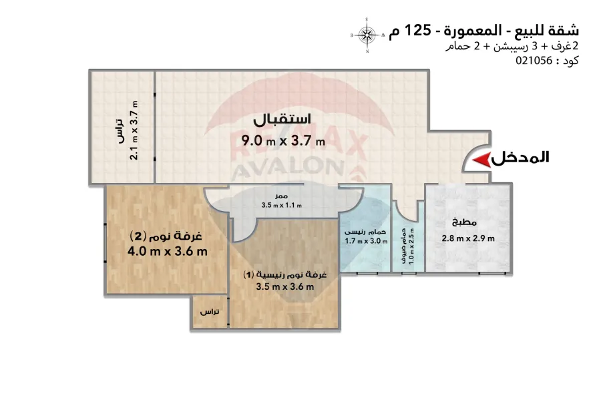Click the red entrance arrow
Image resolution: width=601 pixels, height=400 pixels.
click(481, 160)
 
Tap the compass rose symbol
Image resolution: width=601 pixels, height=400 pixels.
click(367, 35)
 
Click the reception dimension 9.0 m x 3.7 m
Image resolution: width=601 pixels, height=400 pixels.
click(283, 141)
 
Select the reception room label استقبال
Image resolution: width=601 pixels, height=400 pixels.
click(282, 120)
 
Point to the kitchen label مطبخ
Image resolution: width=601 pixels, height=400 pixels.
click(464, 222)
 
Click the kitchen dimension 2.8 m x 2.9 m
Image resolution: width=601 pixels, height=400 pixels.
click(468, 238)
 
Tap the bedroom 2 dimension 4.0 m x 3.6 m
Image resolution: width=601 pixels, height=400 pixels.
click(168, 251)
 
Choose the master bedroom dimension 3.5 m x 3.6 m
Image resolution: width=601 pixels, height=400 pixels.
click(284, 286)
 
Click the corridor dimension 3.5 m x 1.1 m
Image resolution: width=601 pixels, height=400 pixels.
click(282, 205)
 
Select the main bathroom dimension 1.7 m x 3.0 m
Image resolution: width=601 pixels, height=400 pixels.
click(366, 241)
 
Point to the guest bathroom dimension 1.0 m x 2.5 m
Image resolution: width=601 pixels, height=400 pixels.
click(411, 246)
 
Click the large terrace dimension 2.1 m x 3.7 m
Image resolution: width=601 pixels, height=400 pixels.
click(134, 130)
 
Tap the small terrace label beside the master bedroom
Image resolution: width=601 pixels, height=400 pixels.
click(210, 312)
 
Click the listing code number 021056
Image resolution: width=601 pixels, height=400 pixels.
click(534, 61)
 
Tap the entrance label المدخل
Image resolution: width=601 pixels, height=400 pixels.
click(520, 158)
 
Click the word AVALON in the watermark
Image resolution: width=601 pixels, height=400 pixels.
click(287, 167)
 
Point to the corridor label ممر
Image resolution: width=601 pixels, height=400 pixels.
click(281, 196)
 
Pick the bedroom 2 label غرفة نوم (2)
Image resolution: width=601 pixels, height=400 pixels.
click(166, 236)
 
